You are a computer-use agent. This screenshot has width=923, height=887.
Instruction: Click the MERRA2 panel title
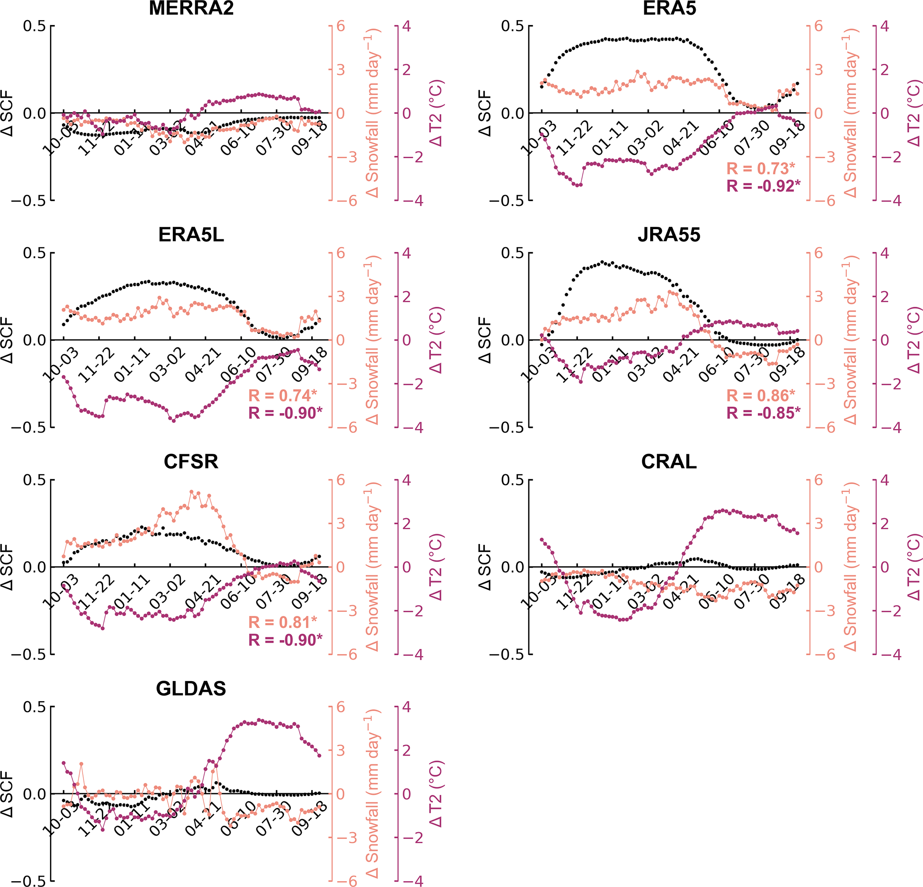[191, 8]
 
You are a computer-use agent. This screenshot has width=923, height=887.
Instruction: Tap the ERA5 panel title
[669, 8]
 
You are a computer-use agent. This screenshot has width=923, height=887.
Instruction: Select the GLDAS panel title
[191, 689]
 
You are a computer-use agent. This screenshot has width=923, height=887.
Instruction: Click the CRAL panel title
[669, 462]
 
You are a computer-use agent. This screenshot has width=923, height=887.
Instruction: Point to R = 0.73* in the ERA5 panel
[760, 169]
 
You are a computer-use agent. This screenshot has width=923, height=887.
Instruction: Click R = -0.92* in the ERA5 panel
[763, 186]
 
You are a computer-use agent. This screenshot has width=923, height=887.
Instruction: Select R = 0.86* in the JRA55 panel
[760, 396]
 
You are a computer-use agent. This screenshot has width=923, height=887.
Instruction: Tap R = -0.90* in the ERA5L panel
[285, 413]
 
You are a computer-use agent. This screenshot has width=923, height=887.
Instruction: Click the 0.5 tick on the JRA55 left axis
[512, 253]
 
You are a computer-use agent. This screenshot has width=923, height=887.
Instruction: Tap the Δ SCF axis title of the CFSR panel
[8, 567]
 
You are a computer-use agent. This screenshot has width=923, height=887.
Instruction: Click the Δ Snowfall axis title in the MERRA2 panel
[372, 113]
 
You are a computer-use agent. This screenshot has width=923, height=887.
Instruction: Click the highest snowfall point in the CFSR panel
[192, 492]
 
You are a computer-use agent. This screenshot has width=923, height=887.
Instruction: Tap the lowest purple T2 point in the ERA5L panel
[174, 421]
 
